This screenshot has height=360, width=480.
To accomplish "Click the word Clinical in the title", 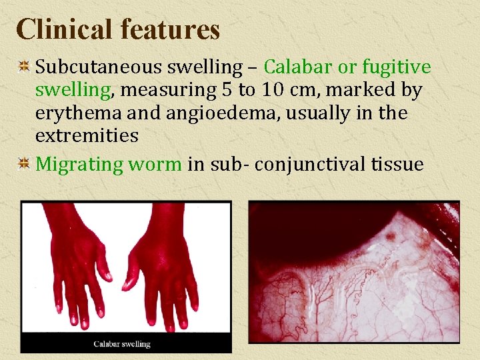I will point(63,29).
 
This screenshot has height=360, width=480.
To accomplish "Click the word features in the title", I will point(170,29).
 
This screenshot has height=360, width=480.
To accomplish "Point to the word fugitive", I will point(397,67).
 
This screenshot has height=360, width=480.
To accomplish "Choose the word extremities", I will point(87,136).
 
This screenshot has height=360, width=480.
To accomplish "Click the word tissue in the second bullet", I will point(399,164).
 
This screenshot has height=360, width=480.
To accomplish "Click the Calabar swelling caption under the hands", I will point(122,344).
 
